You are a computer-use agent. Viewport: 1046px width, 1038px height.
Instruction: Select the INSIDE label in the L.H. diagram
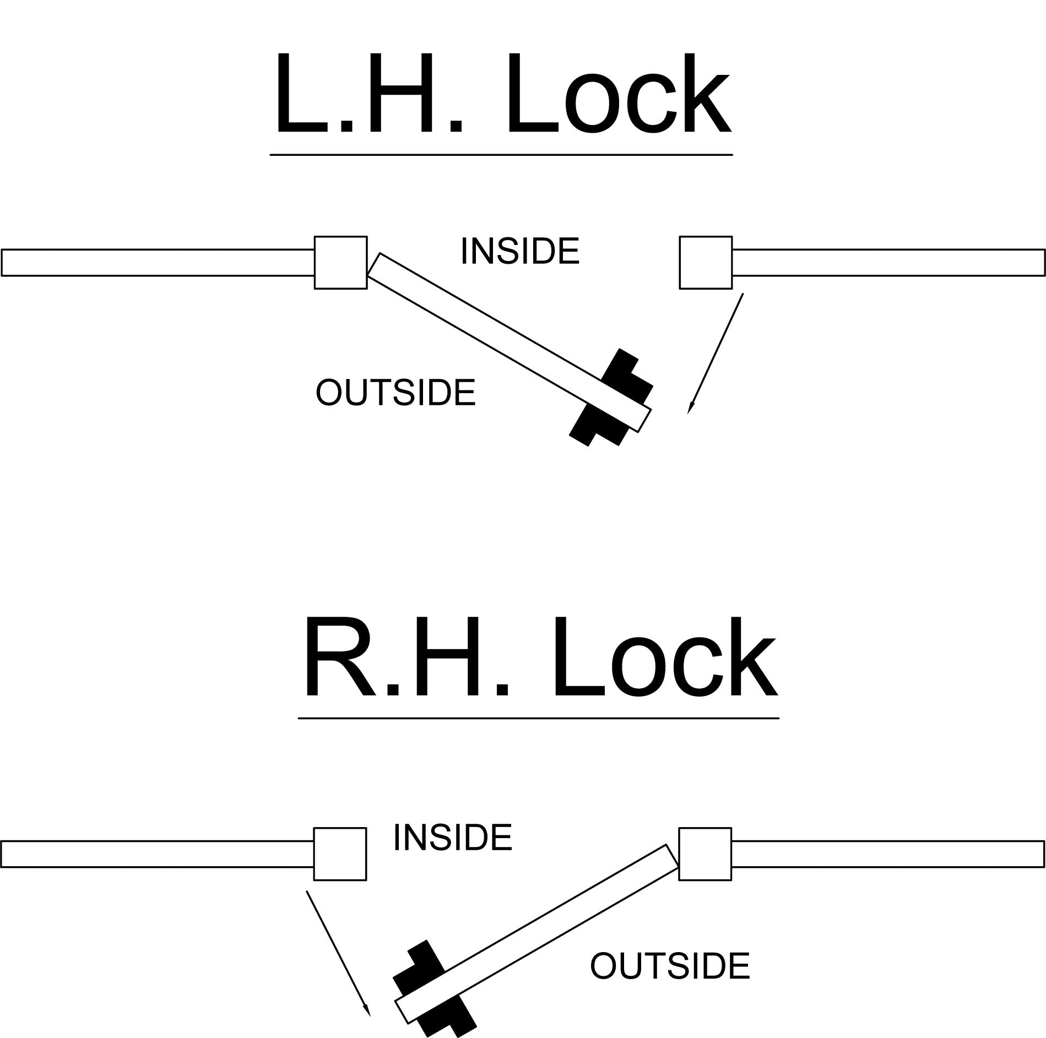click(520, 251)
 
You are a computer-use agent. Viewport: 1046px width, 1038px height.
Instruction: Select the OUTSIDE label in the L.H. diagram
click(395, 393)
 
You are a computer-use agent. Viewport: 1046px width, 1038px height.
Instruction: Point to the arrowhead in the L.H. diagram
click(690, 407)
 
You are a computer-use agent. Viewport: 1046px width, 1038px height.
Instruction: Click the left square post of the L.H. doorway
click(340, 262)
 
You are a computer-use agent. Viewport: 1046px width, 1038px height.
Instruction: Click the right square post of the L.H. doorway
click(706, 262)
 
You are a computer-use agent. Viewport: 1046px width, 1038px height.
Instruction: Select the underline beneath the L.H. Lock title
click(501, 155)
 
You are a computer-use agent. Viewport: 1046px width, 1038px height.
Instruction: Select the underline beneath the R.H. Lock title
click(538, 718)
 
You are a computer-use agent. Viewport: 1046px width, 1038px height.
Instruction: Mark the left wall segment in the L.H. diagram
click(157, 262)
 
